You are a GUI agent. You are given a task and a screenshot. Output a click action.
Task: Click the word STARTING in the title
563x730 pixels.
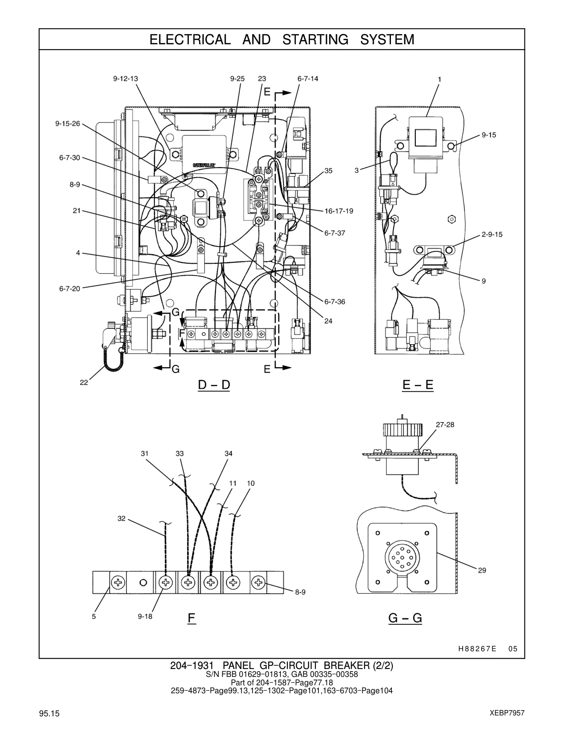[x=315, y=40]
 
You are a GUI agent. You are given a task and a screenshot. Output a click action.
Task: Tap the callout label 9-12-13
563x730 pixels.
[x=126, y=79]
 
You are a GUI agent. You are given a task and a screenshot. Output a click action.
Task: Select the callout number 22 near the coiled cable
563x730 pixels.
[x=84, y=382]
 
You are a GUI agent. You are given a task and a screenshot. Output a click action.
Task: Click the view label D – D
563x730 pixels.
[x=214, y=384]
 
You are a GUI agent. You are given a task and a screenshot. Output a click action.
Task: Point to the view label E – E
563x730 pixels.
[x=418, y=384]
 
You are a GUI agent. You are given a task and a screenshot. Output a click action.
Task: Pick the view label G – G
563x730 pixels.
[x=405, y=618]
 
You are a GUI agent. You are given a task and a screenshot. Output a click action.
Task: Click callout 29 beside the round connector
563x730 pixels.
[x=482, y=570]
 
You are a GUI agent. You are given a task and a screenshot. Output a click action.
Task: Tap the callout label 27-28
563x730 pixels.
[x=445, y=425]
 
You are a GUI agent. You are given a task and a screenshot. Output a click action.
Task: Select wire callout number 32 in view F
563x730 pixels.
[x=122, y=519]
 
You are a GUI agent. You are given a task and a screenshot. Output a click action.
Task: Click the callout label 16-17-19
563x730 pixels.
[x=339, y=211]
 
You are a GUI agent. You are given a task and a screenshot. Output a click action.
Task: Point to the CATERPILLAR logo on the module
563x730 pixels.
[x=204, y=165]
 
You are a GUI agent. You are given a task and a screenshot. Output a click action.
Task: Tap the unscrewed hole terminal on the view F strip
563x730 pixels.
[x=143, y=582]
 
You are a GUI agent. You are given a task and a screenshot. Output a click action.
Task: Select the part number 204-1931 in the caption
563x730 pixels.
[x=192, y=665]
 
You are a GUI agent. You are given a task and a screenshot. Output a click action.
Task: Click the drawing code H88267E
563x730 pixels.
[x=477, y=649]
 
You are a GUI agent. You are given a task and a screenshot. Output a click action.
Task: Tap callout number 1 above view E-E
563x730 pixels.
[x=440, y=80]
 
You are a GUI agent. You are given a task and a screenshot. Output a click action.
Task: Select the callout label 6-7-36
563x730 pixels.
[x=335, y=302]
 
